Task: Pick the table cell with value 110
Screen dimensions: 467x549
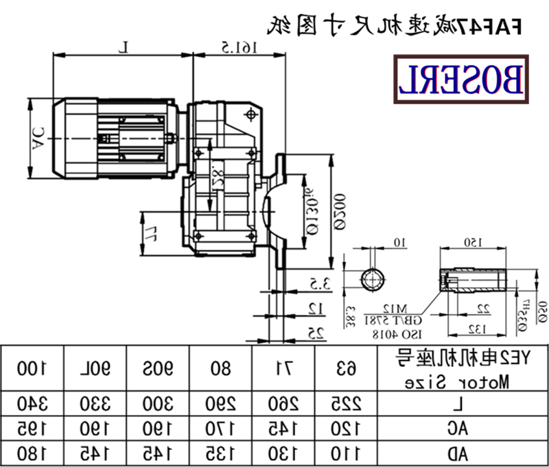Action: pyautogui.click(x=347, y=453)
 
